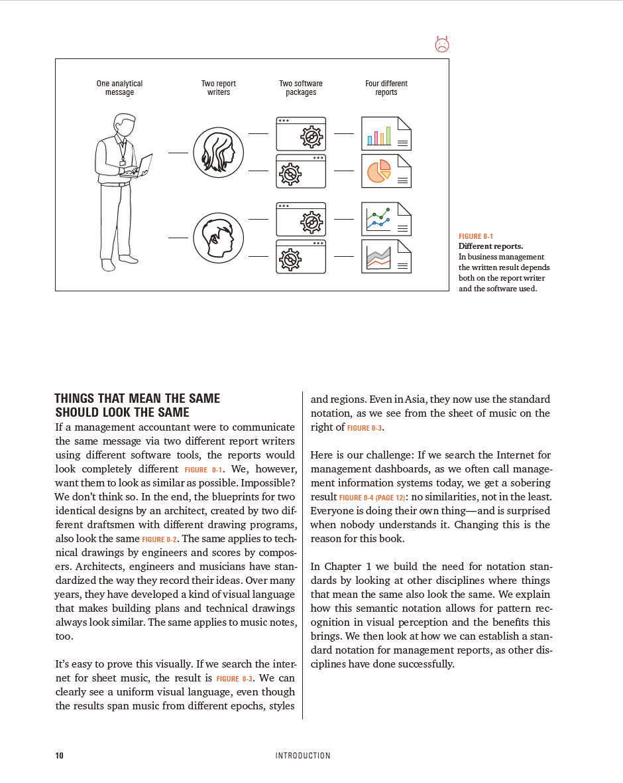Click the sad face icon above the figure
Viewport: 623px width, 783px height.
(x=442, y=44)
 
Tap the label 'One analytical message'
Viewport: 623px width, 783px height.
(x=119, y=88)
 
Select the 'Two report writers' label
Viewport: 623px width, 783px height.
(x=218, y=88)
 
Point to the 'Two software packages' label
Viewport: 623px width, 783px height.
(x=300, y=88)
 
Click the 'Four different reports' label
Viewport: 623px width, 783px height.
(x=386, y=88)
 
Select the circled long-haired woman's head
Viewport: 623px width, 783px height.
(x=218, y=153)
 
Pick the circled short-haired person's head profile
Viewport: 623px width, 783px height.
(x=218, y=237)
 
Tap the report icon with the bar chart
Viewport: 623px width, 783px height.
(x=386, y=133)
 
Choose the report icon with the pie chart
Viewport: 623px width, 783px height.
(x=386, y=171)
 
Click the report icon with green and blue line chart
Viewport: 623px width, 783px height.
(x=386, y=219)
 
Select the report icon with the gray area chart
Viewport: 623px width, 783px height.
(x=386, y=256)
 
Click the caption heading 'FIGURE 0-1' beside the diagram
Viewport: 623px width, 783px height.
(x=476, y=236)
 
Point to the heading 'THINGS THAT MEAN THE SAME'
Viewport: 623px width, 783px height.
(x=137, y=398)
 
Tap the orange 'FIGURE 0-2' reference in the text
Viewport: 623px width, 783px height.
(x=160, y=539)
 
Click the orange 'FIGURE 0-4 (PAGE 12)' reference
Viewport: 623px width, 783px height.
(x=370, y=497)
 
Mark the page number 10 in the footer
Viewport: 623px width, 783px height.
(x=59, y=755)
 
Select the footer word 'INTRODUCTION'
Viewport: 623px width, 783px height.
(x=303, y=755)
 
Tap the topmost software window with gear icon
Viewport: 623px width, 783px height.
(x=301, y=133)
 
